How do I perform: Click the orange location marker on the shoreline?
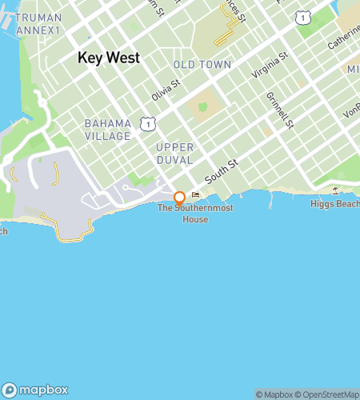(179, 198)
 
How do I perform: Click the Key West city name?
(109, 58)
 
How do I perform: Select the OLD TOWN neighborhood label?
(202, 65)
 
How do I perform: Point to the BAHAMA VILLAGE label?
(107, 130)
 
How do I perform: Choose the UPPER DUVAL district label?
(174, 154)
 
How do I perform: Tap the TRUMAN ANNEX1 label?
(38, 22)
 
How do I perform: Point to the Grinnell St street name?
(283, 113)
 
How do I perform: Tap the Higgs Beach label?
(334, 204)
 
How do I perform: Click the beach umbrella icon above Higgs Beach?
(334, 190)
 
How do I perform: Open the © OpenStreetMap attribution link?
(328, 394)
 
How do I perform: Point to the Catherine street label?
(344, 40)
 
